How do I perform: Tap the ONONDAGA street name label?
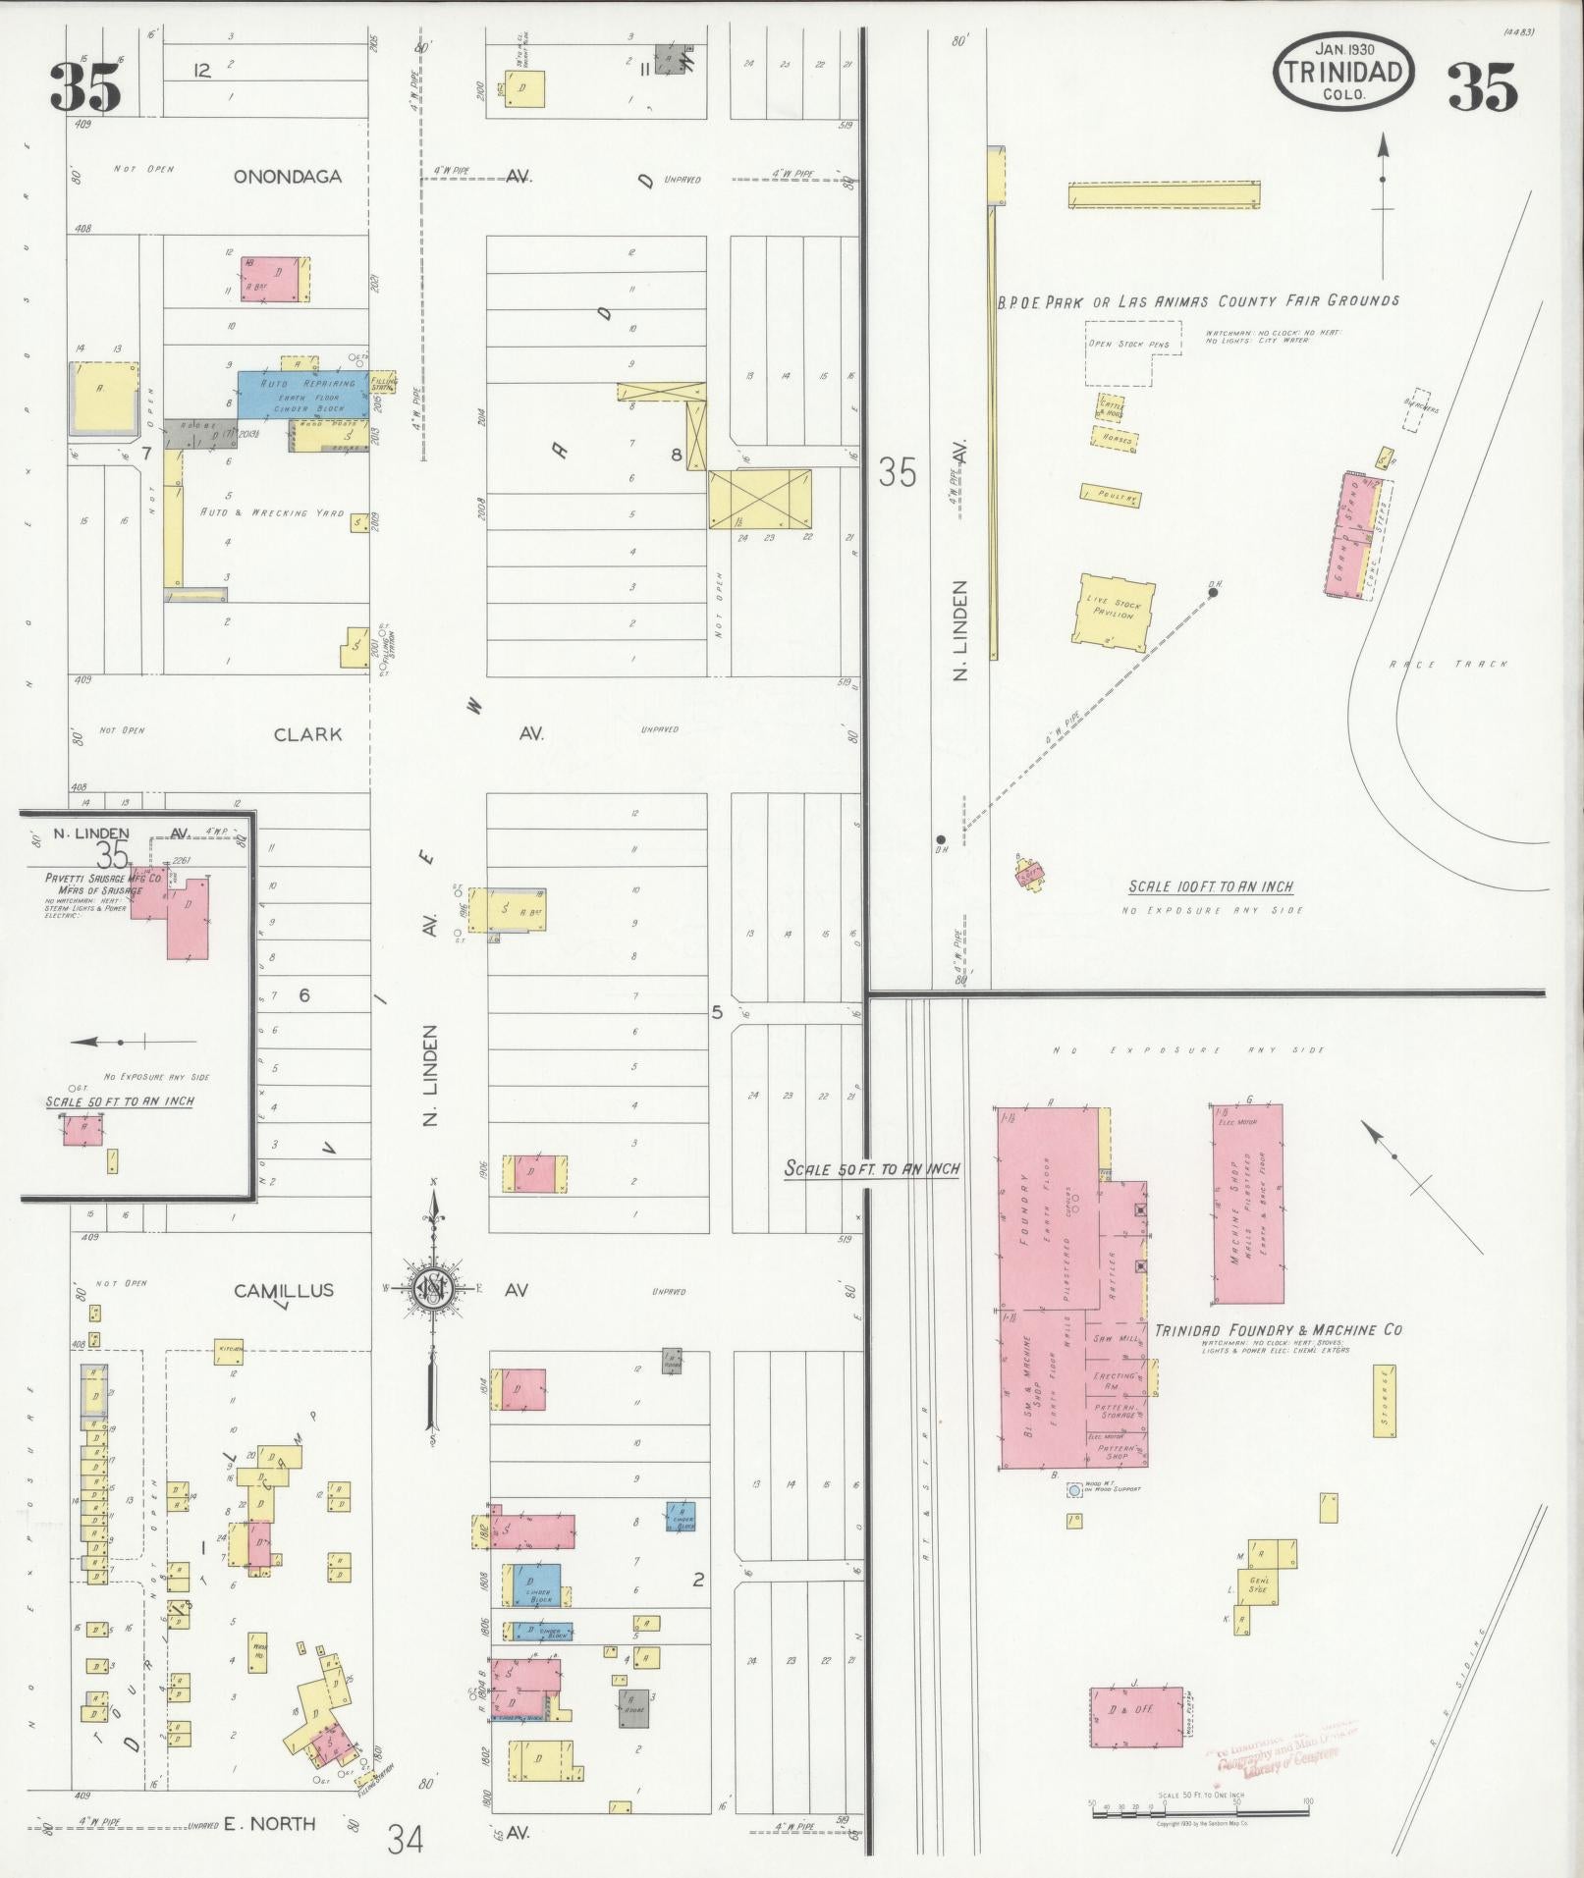[x=287, y=177]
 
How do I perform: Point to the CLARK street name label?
[x=307, y=733]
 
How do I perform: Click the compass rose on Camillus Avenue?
[x=432, y=1289]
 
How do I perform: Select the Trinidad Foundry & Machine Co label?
[x=1278, y=1330]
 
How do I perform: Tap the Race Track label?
[x=1447, y=665]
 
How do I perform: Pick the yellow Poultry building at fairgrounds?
[x=1112, y=496]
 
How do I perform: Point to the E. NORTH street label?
[x=269, y=1824]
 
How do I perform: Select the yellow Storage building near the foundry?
[x=1385, y=1401]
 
